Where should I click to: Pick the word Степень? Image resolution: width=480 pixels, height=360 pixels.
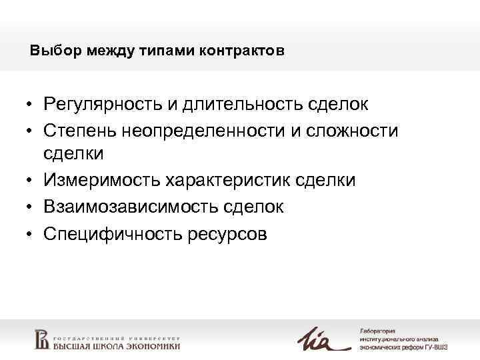pos(79,130)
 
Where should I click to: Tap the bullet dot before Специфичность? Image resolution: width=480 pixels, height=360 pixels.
pos(31,234)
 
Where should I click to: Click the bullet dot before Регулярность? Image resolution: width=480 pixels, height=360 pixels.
pos(31,105)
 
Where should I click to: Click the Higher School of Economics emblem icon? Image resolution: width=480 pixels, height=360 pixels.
pos(41,339)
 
